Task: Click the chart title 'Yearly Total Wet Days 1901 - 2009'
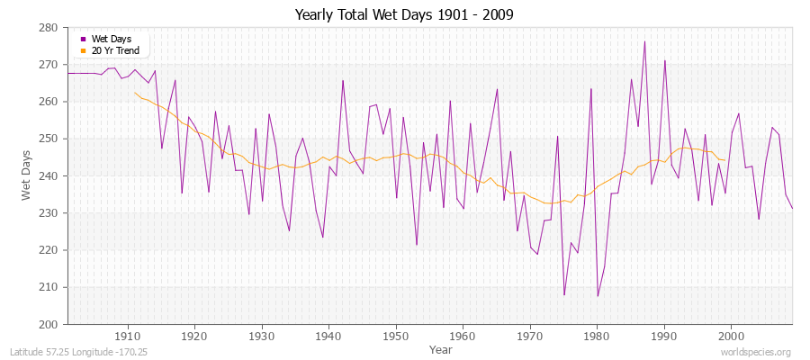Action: [403, 15]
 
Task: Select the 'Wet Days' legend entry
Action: [111, 39]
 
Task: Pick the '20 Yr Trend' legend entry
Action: [115, 50]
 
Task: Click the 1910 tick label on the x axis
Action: [127, 336]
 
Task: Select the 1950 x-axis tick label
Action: [395, 336]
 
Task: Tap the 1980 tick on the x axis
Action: [597, 336]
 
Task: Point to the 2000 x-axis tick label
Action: [731, 336]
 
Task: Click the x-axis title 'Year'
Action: [441, 349]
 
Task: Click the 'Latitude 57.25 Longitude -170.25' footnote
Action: [77, 353]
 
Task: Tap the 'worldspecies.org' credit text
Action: [756, 353]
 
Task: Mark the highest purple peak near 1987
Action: [644, 41]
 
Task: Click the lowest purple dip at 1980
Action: [598, 296]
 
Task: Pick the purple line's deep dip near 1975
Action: [564, 294]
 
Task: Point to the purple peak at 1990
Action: [664, 61]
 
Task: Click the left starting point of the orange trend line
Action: [135, 93]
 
